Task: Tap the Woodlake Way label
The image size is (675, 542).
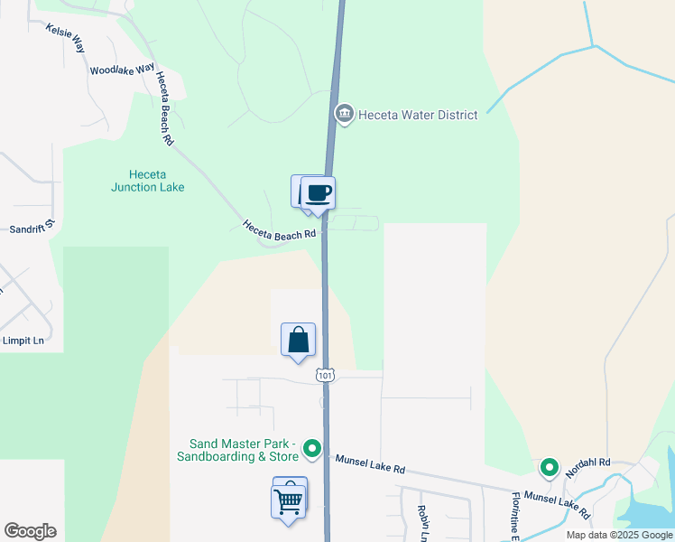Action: pyautogui.click(x=122, y=70)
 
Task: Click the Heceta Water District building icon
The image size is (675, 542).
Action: pyautogui.click(x=344, y=114)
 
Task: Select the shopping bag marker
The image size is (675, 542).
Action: pyautogui.click(x=299, y=341)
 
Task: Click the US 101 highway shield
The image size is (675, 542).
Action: pyautogui.click(x=325, y=375)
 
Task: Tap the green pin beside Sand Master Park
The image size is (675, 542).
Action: pyautogui.click(x=312, y=447)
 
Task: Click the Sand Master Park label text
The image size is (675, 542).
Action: pyautogui.click(x=244, y=450)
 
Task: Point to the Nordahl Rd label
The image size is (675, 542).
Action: pyautogui.click(x=587, y=467)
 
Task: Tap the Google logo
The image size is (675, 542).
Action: pyautogui.click(x=30, y=531)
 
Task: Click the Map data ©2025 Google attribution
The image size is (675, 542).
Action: pyautogui.click(x=619, y=535)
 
